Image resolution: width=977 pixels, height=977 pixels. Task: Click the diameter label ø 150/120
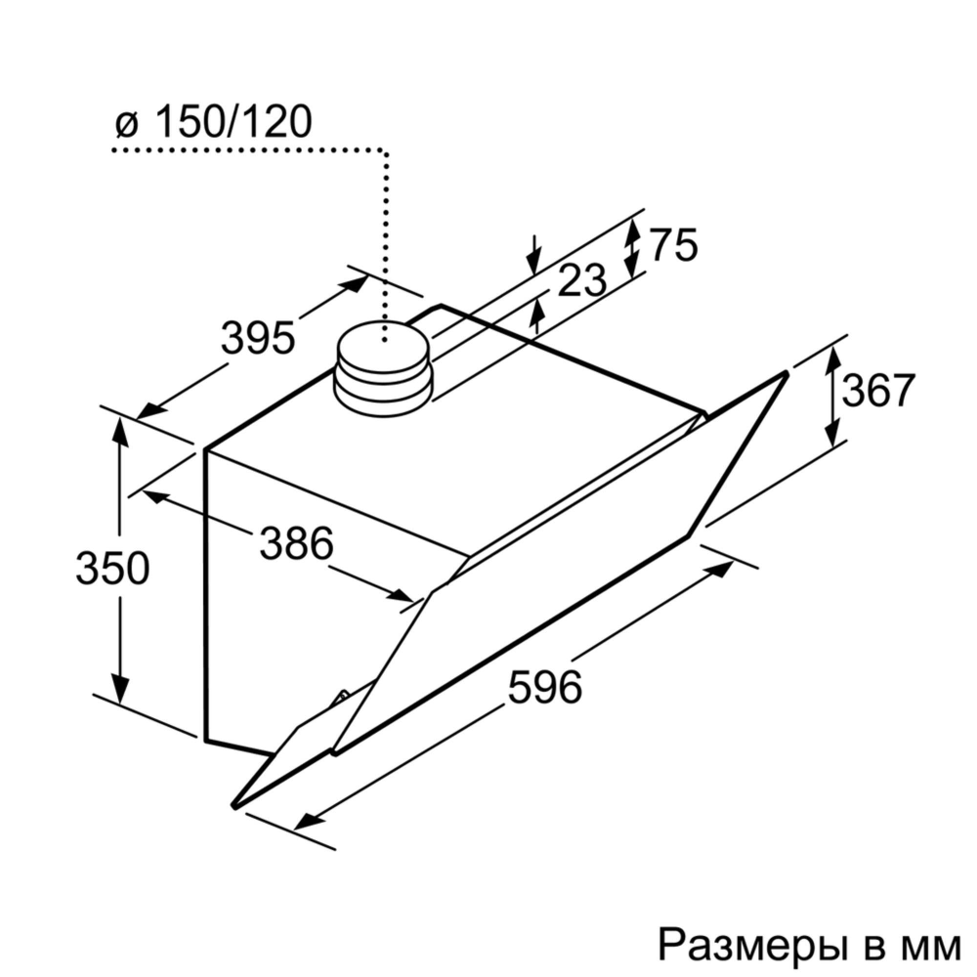213,123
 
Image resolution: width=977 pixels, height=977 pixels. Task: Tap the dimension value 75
674,245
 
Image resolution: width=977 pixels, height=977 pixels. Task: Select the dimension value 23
583,282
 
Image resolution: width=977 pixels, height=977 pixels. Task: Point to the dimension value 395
257,338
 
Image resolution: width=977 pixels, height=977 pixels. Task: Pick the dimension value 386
297,543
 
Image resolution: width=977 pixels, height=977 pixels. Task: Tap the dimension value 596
545,687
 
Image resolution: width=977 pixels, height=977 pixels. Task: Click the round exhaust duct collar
382,368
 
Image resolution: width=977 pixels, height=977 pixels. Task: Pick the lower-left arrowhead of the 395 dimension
149,409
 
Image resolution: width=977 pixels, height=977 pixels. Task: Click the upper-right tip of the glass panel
786,373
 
